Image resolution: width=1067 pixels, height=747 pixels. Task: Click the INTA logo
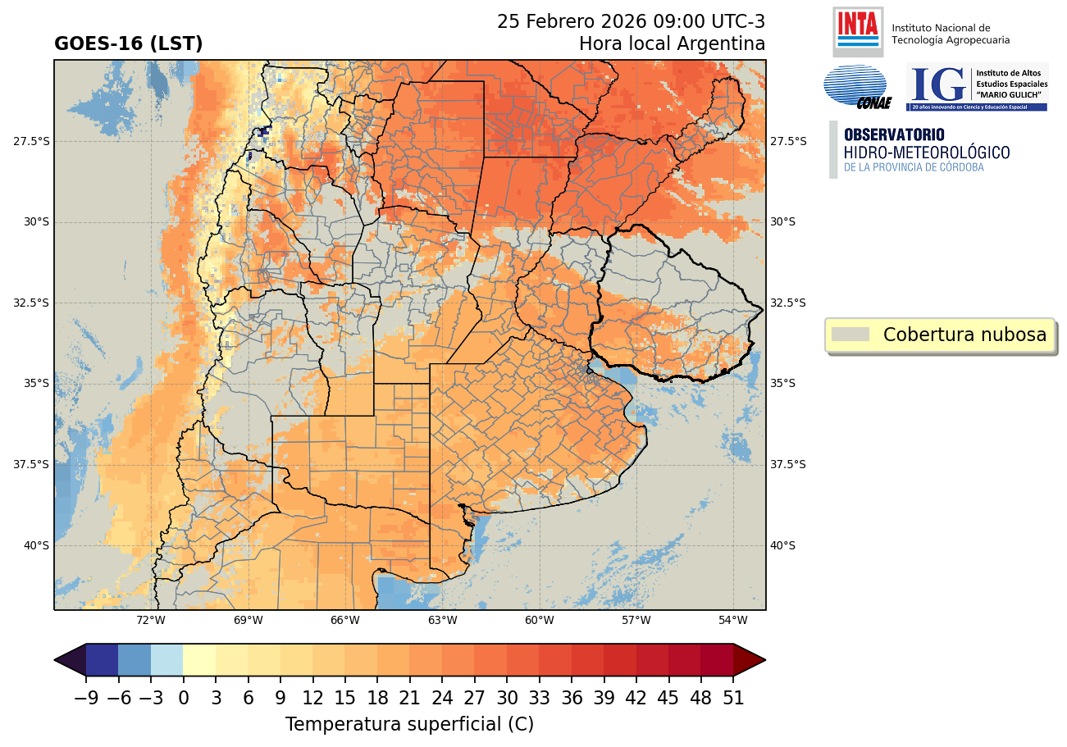(857, 30)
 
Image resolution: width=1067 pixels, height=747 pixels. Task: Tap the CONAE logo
(855, 86)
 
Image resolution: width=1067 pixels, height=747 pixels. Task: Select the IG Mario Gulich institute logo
(977, 87)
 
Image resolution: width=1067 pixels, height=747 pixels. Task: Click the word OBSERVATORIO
(893, 134)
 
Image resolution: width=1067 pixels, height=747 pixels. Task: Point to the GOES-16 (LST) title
(128, 44)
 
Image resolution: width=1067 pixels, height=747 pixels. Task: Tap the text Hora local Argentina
(672, 43)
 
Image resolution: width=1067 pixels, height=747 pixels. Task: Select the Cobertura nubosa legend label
(964, 335)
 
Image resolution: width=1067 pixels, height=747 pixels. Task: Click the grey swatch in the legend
(850, 335)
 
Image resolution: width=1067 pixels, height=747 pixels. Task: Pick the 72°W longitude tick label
(151, 620)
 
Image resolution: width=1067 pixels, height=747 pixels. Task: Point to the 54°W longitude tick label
(732, 620)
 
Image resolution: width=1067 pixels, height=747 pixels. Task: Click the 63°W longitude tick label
(442, 620)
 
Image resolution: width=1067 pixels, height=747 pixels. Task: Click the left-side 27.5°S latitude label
(31, 141)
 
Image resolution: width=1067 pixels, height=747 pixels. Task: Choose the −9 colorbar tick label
(86, 699)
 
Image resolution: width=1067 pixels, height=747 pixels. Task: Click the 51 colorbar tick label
(732, 699)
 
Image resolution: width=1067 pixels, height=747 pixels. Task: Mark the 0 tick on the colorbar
(183, 699)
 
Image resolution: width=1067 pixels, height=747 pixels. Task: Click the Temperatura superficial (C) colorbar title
(409, 725)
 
